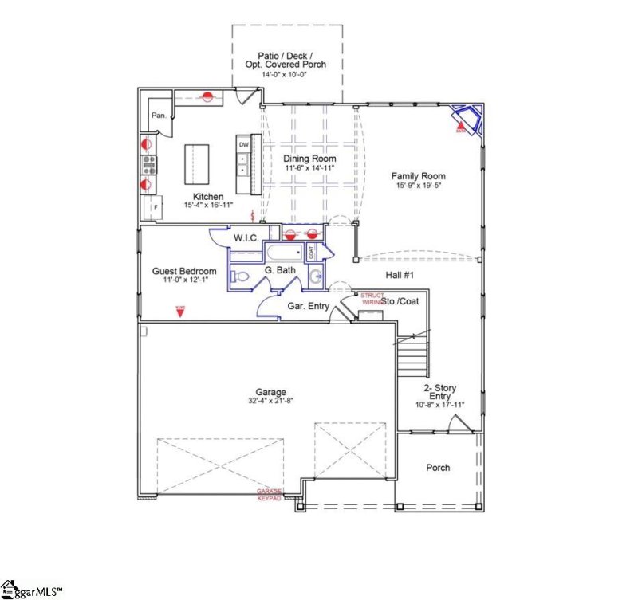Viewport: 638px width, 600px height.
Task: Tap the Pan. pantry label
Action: [x=159, y=116]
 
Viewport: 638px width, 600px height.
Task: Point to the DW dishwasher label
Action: [x=242, y=144]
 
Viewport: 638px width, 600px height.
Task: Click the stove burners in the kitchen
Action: [x=148, y=165]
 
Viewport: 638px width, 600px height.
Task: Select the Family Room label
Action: [x=418, y=176]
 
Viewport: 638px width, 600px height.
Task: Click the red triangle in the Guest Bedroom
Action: [x=180, y=311]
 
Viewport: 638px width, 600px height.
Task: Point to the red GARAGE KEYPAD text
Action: [x=269, y=495]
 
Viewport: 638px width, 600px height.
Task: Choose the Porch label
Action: [x=438, y=468]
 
